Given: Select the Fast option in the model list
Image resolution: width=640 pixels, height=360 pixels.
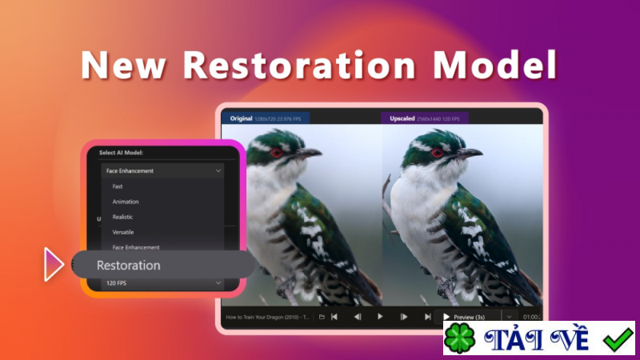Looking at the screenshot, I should tap(118, 186).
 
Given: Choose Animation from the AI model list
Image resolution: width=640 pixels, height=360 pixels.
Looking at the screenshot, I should tap(126, 202).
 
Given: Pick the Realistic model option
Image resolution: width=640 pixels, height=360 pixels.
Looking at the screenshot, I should tap(123, 217).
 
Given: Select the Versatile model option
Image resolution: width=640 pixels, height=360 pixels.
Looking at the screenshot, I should tap(123, 232).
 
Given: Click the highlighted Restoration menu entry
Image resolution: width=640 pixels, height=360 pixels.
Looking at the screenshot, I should tap(129, 265).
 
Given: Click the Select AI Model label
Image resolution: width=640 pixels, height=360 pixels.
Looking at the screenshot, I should tap(126, 152).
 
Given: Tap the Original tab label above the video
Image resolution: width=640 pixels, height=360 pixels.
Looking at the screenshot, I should tap(242, 118).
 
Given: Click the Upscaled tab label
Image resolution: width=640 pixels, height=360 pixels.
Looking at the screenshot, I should tap(398, 118).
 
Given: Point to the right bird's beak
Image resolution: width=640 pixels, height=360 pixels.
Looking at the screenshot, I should tap(471, 151).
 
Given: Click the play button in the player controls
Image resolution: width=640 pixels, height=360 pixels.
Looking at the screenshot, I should tap(380, 317).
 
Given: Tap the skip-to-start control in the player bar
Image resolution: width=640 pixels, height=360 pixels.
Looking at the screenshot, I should tap(334, 317).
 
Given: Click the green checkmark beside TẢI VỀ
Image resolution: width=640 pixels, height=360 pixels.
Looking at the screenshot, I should tap(617, 339).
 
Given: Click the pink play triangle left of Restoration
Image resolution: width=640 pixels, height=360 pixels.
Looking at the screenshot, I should tap(54, 265).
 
